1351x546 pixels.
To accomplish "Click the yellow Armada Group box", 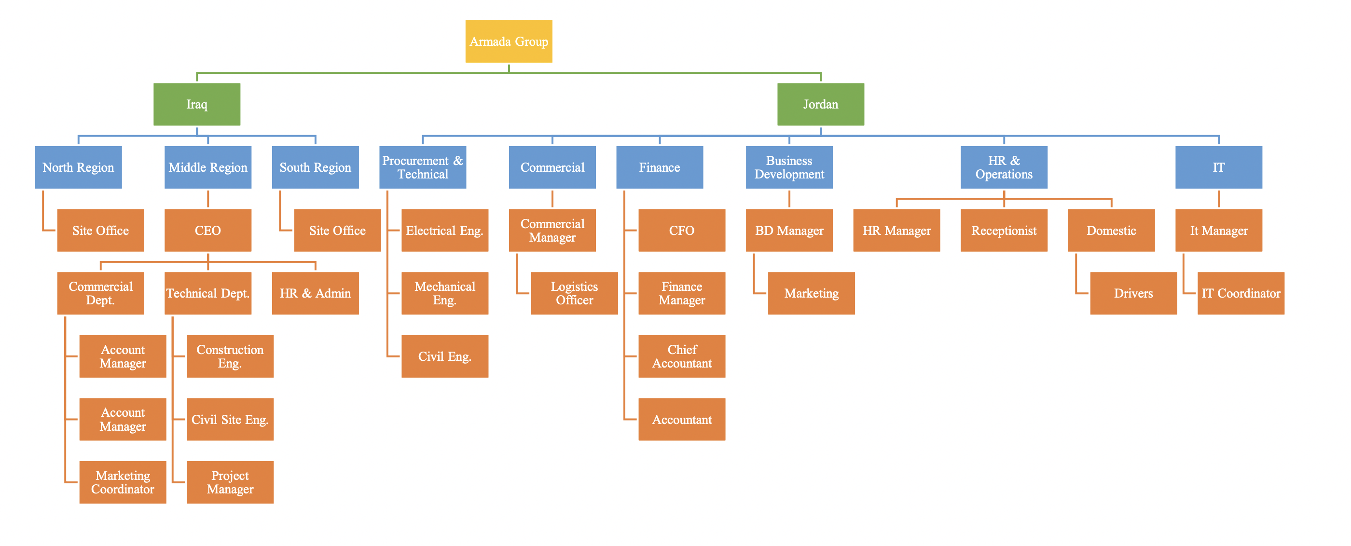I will (x=508, y=41).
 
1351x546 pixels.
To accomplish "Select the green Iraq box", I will (x=197, y=104).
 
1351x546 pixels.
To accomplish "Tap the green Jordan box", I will (x=820, y=104).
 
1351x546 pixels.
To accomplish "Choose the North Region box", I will (x=78, y=167).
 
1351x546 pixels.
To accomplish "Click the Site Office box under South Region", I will (x=337, y=230).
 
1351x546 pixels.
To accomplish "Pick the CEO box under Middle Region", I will (x=207, y=230).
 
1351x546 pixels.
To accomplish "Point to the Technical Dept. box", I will (x=207, y=293).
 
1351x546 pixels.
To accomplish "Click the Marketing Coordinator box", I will (x=123, y=482).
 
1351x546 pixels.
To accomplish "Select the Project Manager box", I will (x=230, y=482).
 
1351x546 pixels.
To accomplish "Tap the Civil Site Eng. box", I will (x=230, y=419).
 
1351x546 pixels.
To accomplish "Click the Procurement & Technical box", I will (x=422, y=167).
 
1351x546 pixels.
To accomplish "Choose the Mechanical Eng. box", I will (x=445, y=293).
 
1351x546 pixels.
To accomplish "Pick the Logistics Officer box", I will (x=574, y=293).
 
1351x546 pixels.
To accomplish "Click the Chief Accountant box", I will (x=681, y=356).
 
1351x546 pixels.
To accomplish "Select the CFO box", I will (x=681, y=230).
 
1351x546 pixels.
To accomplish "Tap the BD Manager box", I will (x=789, y=230).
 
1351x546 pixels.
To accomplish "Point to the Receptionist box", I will (x=1003, y=230).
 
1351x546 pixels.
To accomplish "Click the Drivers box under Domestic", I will (x=1133, y=293).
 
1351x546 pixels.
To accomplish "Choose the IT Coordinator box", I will (x=1241, y=293).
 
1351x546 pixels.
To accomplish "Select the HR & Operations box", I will (x=1003, y=167).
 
